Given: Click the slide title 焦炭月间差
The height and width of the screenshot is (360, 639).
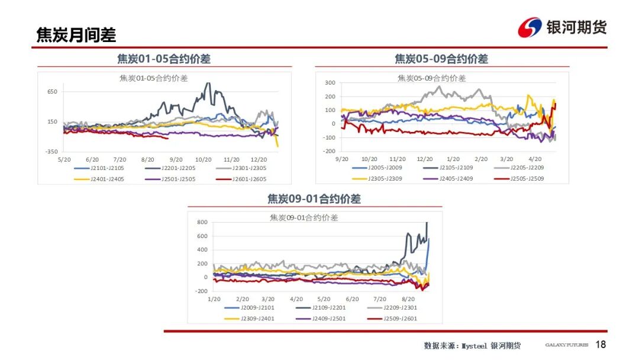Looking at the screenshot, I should pyautogui.click(x=76, y=35).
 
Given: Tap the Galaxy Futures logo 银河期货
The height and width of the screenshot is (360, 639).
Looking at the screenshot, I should pyautogui.click(x=563, y=27).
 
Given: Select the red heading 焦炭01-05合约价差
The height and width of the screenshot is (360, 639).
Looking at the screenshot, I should pyautogui.click(x=164, y=59).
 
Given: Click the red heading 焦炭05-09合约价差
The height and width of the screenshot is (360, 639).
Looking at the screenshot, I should pyautogui.click(x=441, y=59).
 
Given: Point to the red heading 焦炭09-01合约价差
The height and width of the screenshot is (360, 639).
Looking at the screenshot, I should pyautogui.click(x=314, y=199).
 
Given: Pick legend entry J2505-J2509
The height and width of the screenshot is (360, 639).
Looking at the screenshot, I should pyautogui.click(x=529, y=178).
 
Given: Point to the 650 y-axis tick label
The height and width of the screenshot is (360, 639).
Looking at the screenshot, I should pyautogui.click(x=52, y=92).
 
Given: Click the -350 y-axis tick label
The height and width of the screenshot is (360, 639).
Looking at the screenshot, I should pyautogui.click(x=51, y=152).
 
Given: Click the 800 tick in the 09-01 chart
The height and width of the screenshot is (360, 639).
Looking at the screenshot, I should pyautogui.click(x=202, y=223).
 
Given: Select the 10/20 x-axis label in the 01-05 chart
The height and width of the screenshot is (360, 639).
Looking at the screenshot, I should pyautogui.click(x=204, y=160).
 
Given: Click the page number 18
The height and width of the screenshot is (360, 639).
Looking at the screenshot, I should pyautogui.click(x=601, y=345).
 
